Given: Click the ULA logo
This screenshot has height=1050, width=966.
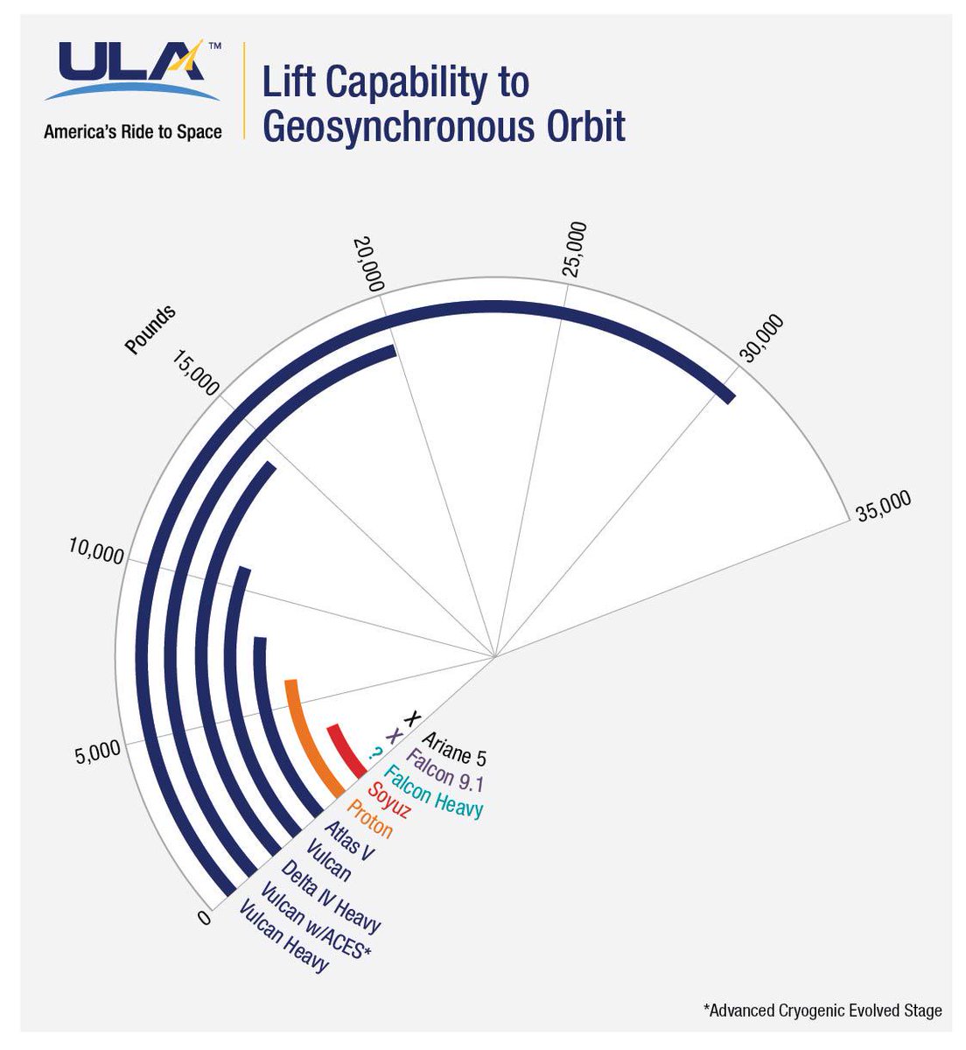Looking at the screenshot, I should coord(131,70).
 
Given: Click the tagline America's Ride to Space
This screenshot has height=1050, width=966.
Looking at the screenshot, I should coord(132,132).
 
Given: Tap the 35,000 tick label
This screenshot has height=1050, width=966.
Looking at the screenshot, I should coord(884,506).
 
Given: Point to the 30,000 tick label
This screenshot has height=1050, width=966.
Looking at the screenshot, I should coord(761,338).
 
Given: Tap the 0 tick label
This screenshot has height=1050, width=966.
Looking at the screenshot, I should coord(204,918).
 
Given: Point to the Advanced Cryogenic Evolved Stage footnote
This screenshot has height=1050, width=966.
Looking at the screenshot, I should coord(822,1011).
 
